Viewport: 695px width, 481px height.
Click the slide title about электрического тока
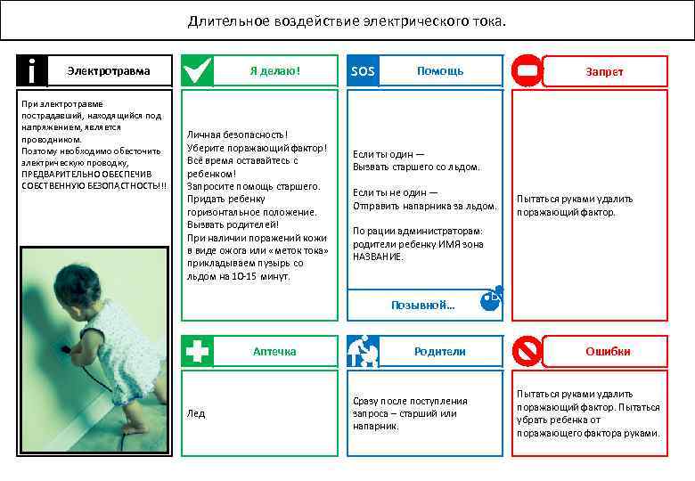tap(347, 20)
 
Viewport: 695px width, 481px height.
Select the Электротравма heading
tap(110, 71)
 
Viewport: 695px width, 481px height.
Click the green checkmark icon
tap(197, 71)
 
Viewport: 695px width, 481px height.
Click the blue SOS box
tap(364, 71)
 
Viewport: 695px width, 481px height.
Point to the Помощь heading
tap(439, 71)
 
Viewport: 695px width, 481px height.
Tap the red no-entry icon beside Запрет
tap(527, 71)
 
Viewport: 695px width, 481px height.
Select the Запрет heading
tap(604, 72)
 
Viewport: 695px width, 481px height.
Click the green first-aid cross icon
tap(197, 351)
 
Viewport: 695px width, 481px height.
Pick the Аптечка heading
tap(274, 352)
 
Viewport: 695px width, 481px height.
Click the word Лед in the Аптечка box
tap(195, 413)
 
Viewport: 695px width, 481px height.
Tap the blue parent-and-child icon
tap(364, 351)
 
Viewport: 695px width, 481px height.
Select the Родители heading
tap(439, 352)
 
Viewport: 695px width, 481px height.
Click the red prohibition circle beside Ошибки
tap(527, 351)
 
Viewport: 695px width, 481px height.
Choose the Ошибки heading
tap(608, 352)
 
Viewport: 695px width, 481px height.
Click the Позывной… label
tap(422, 305)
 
